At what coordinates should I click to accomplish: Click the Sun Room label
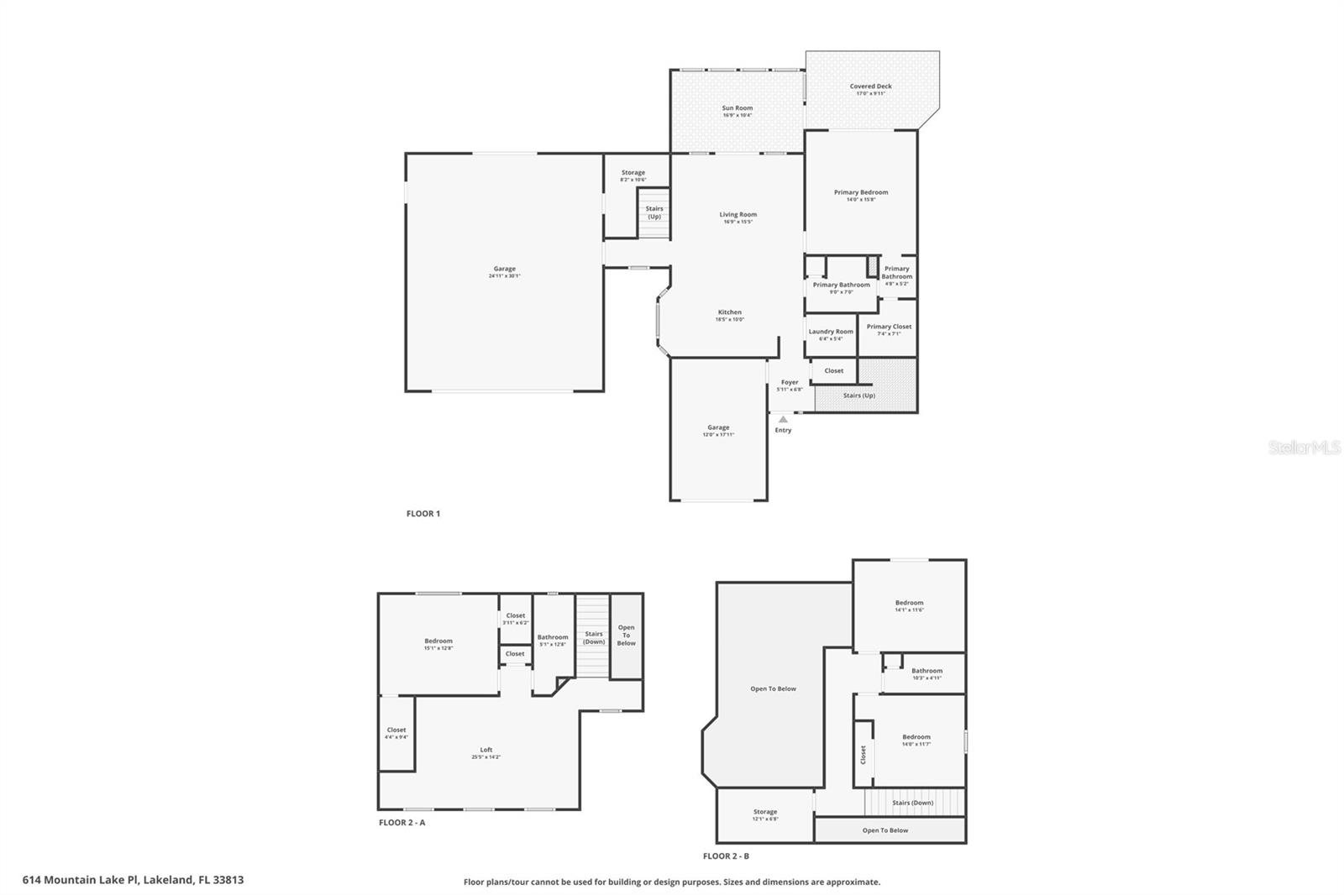click(x=737, y=108)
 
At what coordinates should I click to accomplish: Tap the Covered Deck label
click(x=870, y=86)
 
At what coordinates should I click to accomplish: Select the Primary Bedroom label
click(x=860, y=192)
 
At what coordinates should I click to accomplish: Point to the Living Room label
click(x=738, y=215)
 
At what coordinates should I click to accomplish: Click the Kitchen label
click(x=729, y=312)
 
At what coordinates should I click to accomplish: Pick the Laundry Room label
click(x=831, y=332)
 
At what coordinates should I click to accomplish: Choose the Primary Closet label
click(x=889, y=327)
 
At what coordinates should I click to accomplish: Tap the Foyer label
click(x=790, y=382)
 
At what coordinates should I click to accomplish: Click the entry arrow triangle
click(x=783, y=419)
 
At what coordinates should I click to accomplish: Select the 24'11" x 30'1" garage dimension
click(x=504, y=276)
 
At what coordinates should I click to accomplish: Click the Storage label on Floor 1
click(x=633, y=173)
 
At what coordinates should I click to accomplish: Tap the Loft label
click(x=486, y=750)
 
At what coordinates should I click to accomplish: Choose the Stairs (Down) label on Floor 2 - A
click(x=594, y=637)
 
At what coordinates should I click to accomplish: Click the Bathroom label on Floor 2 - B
click(x=927, y=671)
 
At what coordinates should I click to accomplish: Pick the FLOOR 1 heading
click(x=423, y=514)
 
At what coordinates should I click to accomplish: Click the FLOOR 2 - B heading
click(x=726, y=856)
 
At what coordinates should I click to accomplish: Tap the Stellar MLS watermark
click(x=1304, y=447)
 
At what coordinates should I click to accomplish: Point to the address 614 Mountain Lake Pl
click(x=133, y=880)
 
